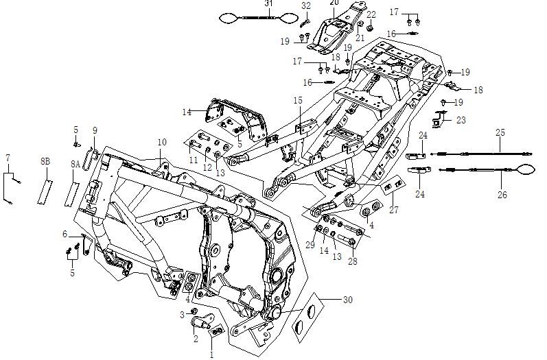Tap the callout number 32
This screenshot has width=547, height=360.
point(306,5)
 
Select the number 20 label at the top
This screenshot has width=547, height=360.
point(334,3)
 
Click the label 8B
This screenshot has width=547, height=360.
point(46,160)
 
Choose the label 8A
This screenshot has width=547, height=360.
point(75,165)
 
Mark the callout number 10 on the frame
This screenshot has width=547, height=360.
point(162,142)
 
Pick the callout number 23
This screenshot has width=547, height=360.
point(461,120)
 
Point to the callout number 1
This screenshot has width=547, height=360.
point(211,355)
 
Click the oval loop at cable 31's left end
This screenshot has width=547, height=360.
point(229,19)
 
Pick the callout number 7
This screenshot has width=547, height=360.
point(8,158)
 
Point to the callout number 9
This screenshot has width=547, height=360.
point(95,130)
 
